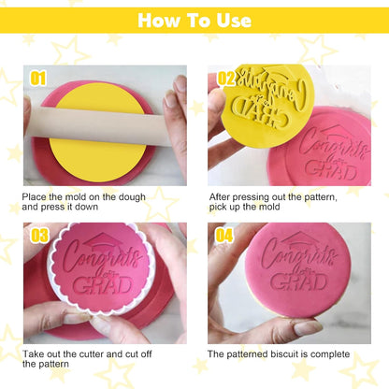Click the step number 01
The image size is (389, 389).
point(38,79)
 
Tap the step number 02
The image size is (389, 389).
point(226,79)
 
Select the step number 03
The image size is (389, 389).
point(39,236)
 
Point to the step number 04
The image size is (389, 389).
point(224,235)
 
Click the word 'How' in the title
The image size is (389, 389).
point(159,21)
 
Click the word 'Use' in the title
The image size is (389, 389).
point(234,21)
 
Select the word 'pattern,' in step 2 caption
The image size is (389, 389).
point(321,197)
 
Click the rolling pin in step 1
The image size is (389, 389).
point(99,125)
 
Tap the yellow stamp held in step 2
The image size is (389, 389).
point(267,106)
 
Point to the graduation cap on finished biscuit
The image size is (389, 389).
point(299,240)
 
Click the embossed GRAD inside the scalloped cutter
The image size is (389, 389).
point(102,285)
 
